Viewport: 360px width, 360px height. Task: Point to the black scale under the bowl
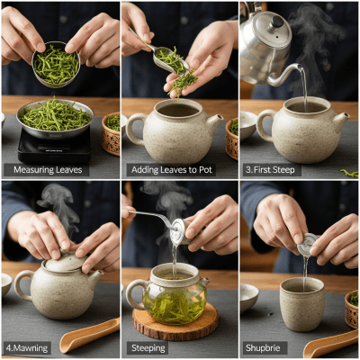(54, 144)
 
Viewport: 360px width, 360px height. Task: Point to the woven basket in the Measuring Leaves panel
(111, 132)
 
